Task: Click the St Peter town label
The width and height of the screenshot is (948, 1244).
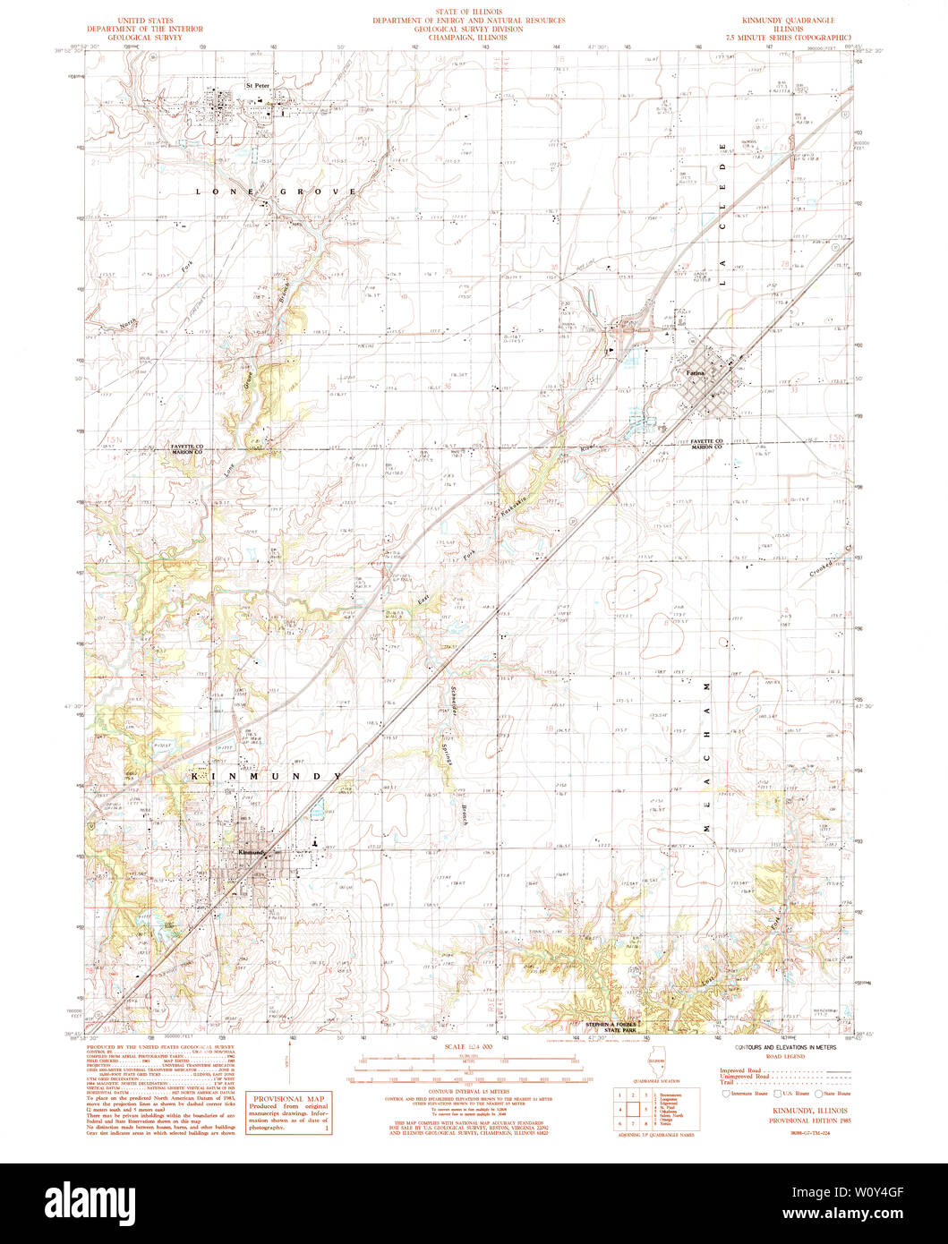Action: tap(257, 86)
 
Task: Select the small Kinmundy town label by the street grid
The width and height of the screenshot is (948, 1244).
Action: tap(253, 853)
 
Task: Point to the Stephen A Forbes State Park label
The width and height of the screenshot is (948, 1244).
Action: tap(615, 1027)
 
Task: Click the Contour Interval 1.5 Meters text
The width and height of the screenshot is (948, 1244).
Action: tap(473, 1092)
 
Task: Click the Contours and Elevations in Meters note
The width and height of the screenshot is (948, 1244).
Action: tap(785, 1046)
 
